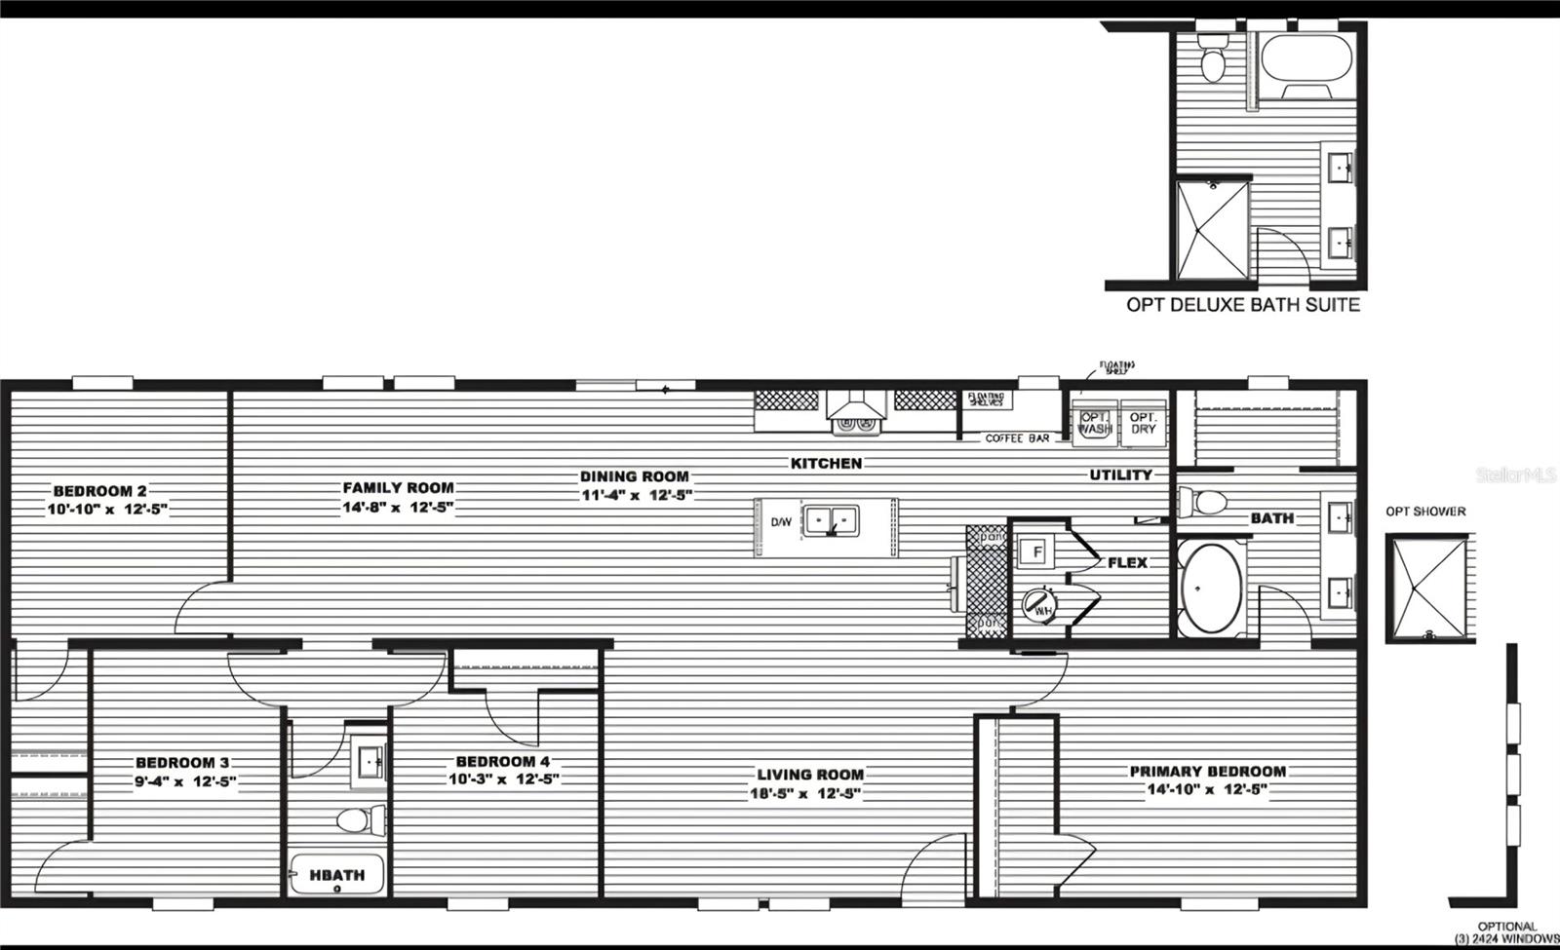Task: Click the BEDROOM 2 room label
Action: click(x=99, y=491)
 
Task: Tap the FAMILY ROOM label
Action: click(x=398, y=487)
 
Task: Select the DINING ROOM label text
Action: click(x=635, y=476)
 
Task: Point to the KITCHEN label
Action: click(x=826, y=463)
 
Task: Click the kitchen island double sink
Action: click(x=831, y=520)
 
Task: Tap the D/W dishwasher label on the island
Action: click(x=781, y=522)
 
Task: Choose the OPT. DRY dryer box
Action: click(x=1143, y=423)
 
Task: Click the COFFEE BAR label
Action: click(x=1017, y=438)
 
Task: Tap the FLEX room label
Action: click(x=1127, y=562)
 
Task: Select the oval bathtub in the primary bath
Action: click(x=1211, y=589)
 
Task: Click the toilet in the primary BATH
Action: click(x=1206, y=503)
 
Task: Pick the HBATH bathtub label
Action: click(x=337, y=875)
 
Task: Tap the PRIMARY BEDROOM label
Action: click(x=1207, y=771)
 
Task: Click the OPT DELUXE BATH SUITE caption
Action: click(x=1242, y=304)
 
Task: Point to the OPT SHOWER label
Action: click(x=1425, y=512)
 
